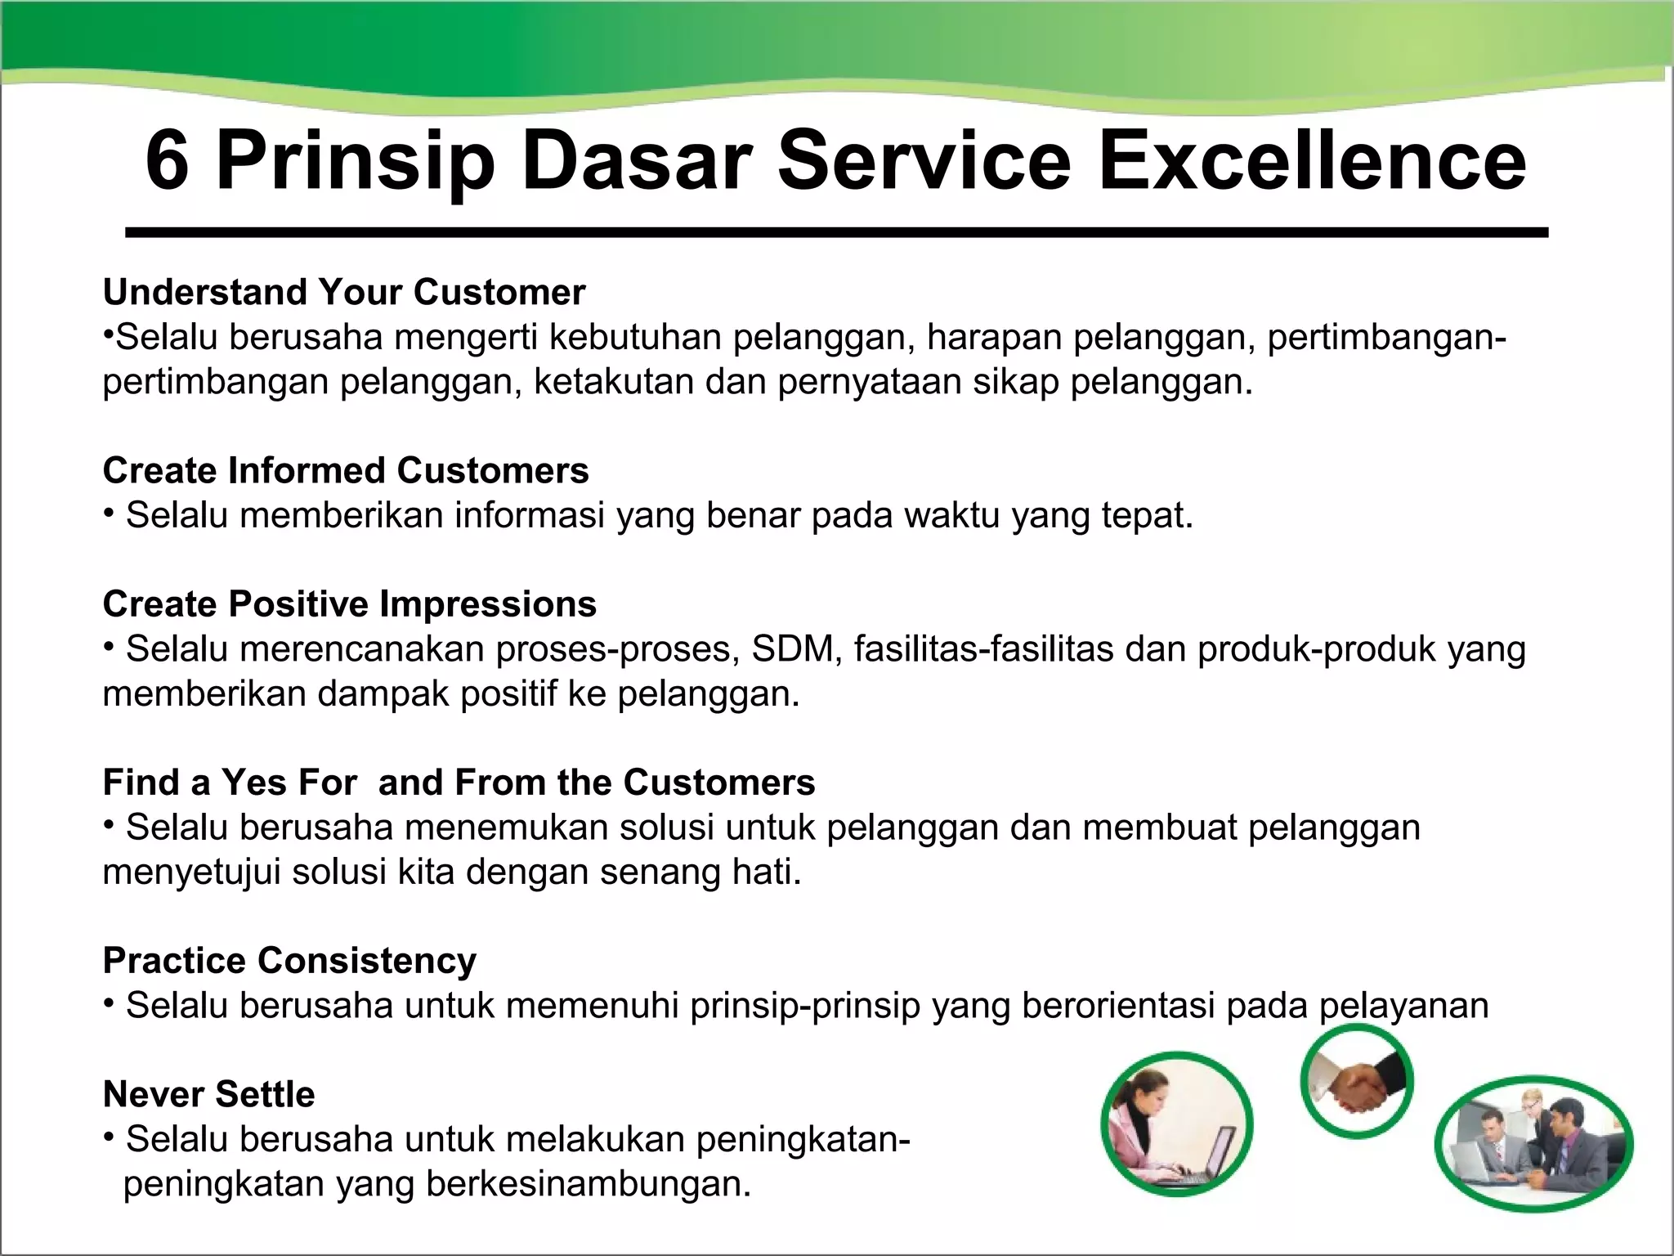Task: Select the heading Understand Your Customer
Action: [343, 293]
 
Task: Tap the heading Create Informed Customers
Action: [345, 471]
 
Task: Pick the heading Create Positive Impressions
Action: [349, 604]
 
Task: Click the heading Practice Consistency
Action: [289, 961]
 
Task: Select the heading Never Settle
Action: [208, 1094]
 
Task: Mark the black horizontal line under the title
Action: [836, 233]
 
